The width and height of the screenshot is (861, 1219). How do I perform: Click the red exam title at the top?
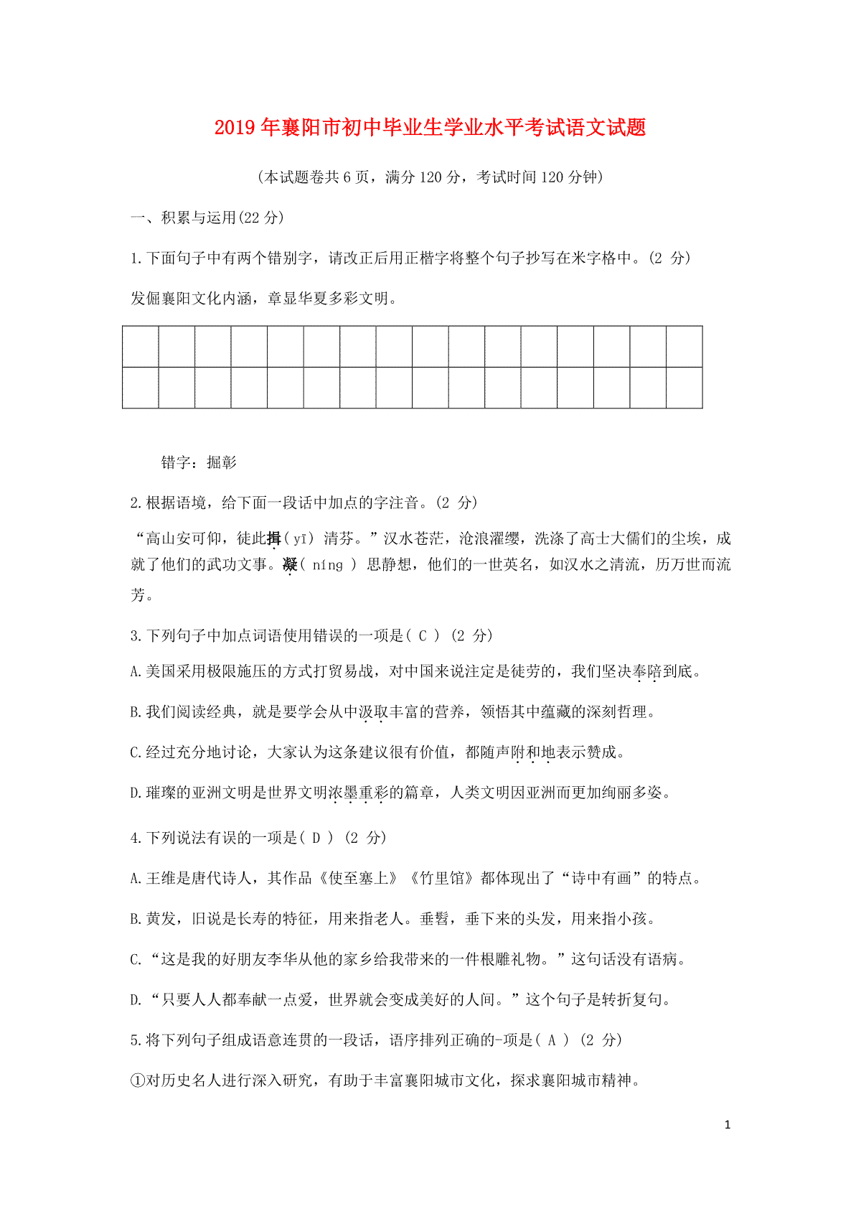tap(430, 128)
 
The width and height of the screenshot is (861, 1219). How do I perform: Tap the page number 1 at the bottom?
tap(728, 1125)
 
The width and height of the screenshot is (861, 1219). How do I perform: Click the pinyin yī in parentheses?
tap(298, 538)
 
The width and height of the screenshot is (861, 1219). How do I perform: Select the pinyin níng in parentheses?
tap(327, 565)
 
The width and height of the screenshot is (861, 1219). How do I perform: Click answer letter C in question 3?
tap(423, 635)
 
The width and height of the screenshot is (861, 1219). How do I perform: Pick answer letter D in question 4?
tap(316, 837)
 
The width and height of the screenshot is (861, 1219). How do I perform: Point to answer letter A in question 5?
tap(551, 1040)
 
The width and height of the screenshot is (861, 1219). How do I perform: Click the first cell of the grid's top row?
tap(141, 346)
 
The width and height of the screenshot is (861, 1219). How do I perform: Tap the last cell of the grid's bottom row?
tap(684, 388)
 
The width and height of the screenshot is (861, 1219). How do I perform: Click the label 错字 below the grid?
tap(176, 462)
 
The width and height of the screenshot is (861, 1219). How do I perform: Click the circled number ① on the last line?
tap(138, 1080)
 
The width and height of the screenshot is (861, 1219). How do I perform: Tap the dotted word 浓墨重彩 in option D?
tap(357, 793)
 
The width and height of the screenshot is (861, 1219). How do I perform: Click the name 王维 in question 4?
tap(161, 878)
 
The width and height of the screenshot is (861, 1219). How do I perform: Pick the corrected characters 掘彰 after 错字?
tap(222, 462)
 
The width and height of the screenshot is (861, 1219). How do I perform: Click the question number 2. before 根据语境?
tap(137, 503)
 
